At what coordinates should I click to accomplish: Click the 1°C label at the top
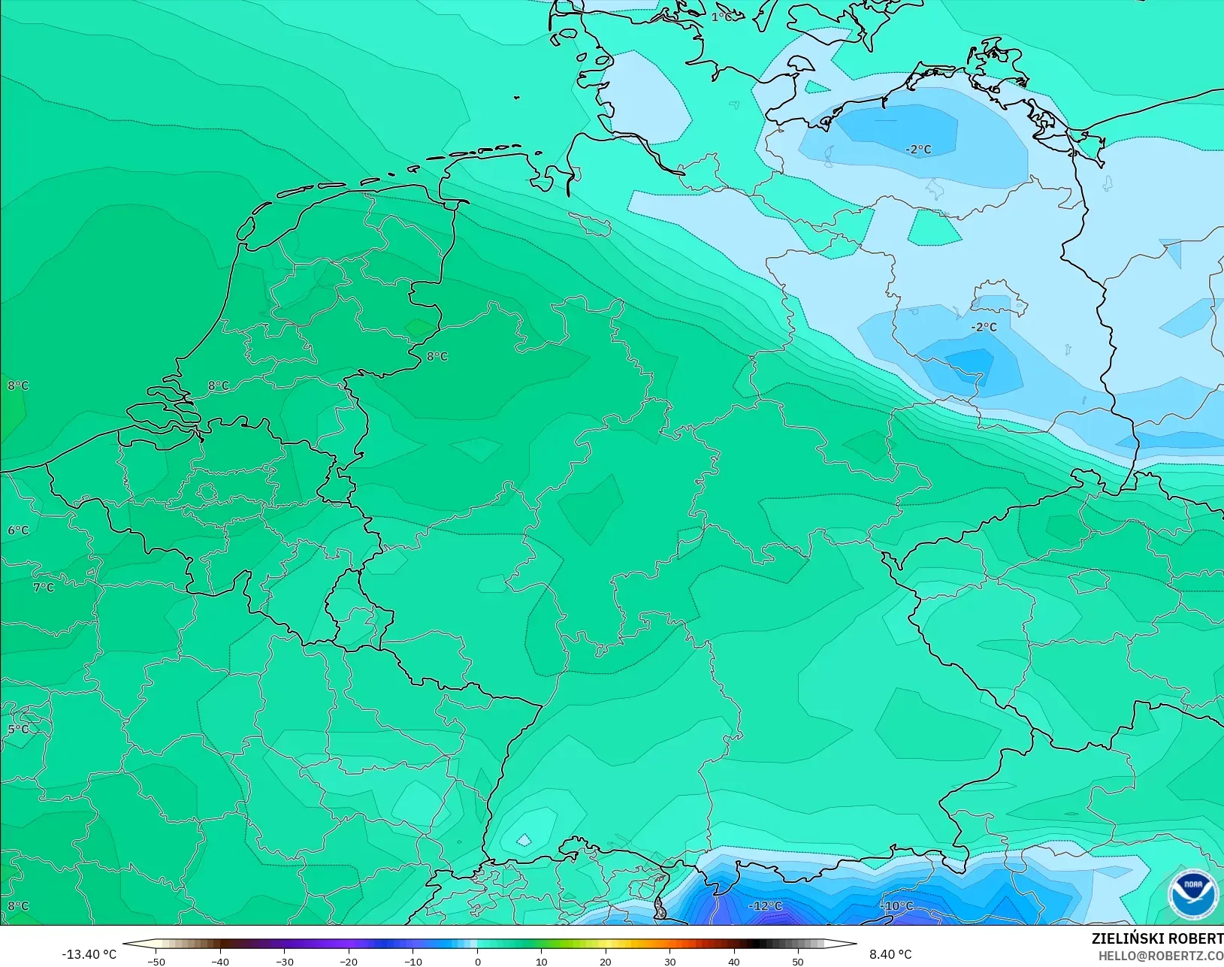[722, 17]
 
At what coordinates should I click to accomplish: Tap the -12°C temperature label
[765, 906]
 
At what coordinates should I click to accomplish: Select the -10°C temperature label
[897, 906]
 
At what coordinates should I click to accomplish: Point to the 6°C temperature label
[18, 530]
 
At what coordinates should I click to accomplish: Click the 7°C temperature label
[44, 588]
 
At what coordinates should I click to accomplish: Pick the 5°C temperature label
[18, 730]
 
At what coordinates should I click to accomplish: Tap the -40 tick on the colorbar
[220, 961]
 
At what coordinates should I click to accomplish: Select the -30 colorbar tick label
[284, 961]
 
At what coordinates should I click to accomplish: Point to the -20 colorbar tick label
[349, 961]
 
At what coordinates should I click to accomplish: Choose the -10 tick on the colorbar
[413, 961]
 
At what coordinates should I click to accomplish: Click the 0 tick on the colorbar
[477, 961]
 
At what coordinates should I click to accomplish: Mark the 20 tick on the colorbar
[606, 961]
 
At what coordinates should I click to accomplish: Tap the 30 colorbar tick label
[669, 961]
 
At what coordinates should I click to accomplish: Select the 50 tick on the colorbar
[798, 961]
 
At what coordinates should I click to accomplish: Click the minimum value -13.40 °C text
[89, 954]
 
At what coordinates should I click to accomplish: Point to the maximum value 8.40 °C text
[890, 954]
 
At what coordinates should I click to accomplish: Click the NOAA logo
[1192, 893]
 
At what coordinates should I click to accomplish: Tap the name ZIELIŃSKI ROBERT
[1157, 938]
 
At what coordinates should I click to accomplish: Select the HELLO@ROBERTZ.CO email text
[1161, 956]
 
